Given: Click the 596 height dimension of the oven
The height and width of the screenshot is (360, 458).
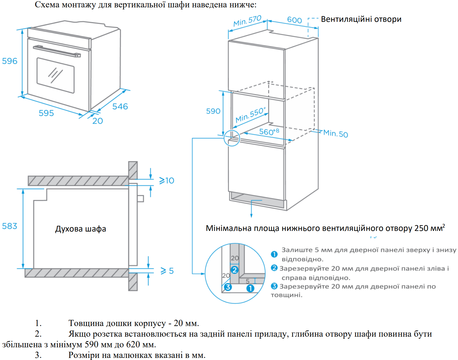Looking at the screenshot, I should coord(10,61).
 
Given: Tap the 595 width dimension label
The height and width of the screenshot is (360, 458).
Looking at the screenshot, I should coord(46,113).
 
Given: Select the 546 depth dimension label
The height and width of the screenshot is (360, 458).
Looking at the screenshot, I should coord(120,106).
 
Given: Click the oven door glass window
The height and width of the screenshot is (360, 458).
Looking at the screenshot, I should coord(55,75).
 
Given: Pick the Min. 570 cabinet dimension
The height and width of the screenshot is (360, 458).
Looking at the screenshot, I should coord(247,21).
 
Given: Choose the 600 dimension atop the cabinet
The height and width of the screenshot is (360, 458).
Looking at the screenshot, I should coord(295,20).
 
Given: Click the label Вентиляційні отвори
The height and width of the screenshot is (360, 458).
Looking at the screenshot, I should coord(361,19).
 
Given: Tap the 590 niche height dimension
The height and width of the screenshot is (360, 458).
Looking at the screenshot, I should coord(213,111).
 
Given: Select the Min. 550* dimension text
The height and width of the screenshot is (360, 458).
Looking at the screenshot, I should coord(251,115).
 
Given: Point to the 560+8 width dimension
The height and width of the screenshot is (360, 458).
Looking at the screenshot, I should coord(269,131).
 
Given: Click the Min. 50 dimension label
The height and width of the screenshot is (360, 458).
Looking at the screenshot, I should coord(336,134).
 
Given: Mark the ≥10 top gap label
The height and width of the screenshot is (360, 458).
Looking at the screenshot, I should coord(167,180).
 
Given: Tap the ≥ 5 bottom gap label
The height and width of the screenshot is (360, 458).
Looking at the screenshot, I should coord(167,271).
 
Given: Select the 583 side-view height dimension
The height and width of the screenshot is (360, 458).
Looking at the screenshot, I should coord(10,226).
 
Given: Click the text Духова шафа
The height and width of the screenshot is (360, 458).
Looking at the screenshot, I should coord(81,229).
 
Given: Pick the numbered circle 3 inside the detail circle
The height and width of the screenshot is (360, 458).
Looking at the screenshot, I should coord(228,287).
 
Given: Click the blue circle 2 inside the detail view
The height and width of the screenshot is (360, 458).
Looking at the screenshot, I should coord(235,270).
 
